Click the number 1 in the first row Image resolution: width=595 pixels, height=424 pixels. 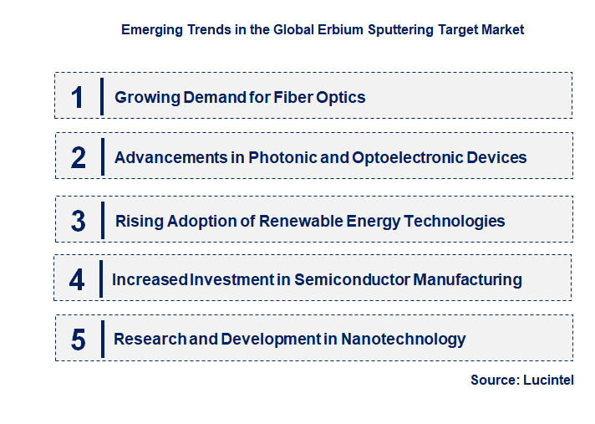[78, 97]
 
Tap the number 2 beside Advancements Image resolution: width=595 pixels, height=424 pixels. [79, 157]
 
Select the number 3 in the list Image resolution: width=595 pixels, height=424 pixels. [79, 222]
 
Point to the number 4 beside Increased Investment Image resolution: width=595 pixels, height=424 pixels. [77, 279]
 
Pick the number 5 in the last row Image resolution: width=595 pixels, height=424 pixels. [79, 340]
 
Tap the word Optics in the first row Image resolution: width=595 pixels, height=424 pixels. [341, 97]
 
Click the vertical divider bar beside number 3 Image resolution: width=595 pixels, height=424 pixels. [103, 220]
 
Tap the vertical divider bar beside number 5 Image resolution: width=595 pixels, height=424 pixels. [103, 339]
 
